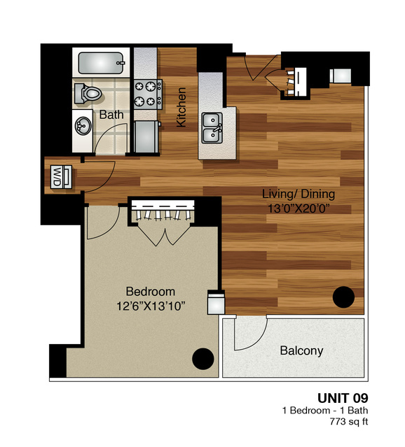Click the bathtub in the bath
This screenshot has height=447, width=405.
[101, 62]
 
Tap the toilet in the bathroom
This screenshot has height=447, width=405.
[88, 93]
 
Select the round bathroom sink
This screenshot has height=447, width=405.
[83, 125]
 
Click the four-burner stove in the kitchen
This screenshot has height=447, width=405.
[148, 94]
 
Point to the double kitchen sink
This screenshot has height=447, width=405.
[212, 128]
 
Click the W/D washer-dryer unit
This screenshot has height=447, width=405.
[61, 177]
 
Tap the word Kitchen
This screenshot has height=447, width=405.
[181, 107]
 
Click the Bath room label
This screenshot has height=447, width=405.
[111, 115]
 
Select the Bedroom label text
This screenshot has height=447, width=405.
[151, 292]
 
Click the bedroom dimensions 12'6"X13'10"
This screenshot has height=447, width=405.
[151, 306]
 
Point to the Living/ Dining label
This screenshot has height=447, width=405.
[298, 194]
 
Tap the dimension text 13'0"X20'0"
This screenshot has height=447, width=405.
[298, 208]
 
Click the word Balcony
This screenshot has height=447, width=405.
[301, 351]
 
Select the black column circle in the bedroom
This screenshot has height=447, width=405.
[203, 359]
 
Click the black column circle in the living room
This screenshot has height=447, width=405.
[343, 297]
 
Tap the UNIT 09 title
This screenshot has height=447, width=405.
[343, 398]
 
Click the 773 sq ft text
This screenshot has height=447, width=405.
[349, 422]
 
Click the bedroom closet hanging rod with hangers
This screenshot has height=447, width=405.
[163, 212]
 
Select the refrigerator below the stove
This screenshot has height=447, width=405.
[146, 137]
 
